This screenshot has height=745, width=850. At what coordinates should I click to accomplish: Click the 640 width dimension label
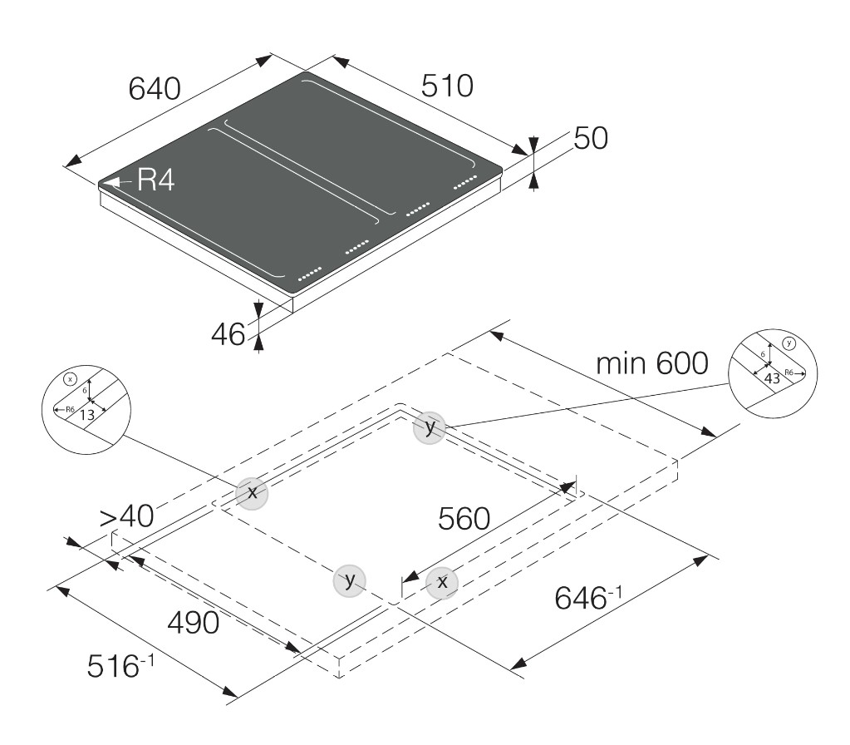tap(155, 89)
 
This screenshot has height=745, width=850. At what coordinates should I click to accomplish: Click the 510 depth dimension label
tap(447, 86)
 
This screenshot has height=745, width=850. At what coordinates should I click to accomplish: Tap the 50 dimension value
tap(590, 138)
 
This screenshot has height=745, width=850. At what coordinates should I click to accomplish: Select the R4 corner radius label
tap(155, 180)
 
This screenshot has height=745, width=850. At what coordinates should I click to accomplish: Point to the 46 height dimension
tap(228, 334)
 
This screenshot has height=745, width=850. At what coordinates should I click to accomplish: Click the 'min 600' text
tap(652, 363)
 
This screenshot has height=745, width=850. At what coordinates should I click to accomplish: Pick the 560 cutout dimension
tap(464, 519)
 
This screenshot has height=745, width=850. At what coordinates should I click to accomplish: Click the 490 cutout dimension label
tap(194, 623)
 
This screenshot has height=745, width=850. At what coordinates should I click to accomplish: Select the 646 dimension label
tap(587, 597)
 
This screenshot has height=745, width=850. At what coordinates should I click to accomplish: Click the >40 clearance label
tap(127, 516)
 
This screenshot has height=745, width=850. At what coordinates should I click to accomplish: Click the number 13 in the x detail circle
tap(86, 415)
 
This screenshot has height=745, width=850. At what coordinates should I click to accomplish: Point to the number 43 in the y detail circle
tap(772, 377)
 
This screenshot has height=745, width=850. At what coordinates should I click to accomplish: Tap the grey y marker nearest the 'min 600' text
tap(430, 427)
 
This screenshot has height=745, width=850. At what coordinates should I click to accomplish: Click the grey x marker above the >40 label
tap(252, 493)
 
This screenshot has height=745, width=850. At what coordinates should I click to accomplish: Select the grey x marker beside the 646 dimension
tap(442, 582)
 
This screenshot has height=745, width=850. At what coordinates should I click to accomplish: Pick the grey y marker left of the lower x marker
tap(350, 580)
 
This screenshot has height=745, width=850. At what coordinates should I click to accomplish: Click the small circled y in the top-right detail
tap(789, 343)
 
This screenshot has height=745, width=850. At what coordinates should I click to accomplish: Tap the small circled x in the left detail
tap(70, 379)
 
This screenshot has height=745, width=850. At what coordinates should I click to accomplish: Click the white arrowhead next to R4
tap(113, 182)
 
